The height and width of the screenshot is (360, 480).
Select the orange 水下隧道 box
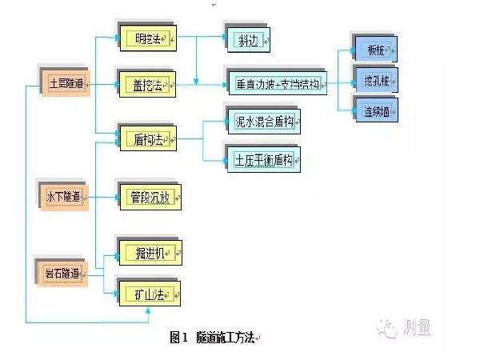[x=65, y=197]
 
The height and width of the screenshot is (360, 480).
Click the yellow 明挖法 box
[x=148, y=37]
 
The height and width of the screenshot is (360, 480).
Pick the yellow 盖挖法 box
[x=148, y=83]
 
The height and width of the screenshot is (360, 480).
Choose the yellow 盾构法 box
[x=148, y=139]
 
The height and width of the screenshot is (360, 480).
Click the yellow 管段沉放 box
[x=150, y=197]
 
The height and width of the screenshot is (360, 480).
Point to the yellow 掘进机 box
[x=150, y=254]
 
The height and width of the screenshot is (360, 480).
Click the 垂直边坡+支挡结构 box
[x=277, y=83]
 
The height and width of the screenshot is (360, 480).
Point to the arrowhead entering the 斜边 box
[x=225, y=37]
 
